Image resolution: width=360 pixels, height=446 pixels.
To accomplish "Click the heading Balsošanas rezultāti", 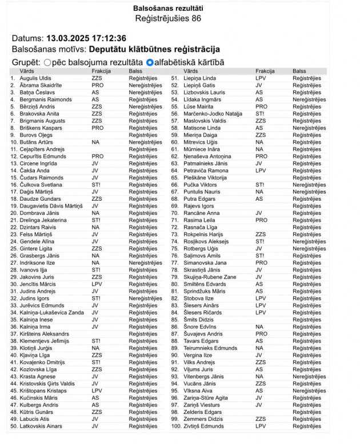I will coord(167,9).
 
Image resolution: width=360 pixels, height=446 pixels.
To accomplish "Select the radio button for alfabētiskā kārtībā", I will coord(150,62).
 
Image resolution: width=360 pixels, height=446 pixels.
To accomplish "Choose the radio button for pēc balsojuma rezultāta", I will coord(47,62).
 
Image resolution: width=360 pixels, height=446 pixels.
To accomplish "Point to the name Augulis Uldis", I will coord(35,78).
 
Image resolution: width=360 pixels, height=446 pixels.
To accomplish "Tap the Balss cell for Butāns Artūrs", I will coord(145,142).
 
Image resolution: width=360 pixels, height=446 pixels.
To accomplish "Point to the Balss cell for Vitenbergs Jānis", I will coord(309,376).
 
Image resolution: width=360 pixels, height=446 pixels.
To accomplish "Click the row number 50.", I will coord(14,426).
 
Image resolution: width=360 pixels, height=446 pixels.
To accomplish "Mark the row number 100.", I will coord(175,426).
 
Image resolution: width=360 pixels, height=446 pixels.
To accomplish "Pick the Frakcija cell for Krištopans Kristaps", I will coord(97,391).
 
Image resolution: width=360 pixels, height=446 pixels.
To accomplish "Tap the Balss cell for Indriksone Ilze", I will coord(145,263).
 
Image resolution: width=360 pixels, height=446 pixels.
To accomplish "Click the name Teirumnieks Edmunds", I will coord(210,348).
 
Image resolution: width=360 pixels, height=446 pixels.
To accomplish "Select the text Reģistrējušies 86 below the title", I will coord(168,19).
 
